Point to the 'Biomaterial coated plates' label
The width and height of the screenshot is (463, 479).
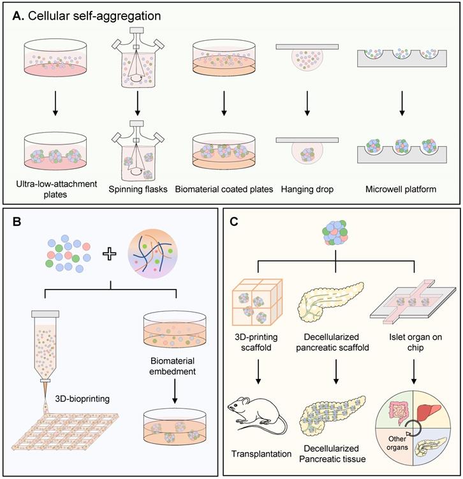(x=224, y=190)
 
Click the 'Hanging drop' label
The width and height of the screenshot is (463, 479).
(x=307, y=190)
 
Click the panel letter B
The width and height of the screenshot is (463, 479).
(x=18, y=223)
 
